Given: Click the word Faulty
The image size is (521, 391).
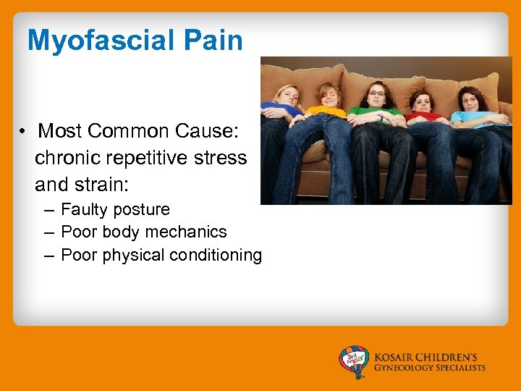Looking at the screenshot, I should click(x=82, y=210).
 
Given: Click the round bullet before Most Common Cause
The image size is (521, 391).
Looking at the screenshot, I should click(x=24, y=132).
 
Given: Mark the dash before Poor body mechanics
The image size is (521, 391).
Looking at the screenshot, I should click(x=48, y=232).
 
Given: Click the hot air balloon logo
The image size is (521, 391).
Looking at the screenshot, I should click(x=354, y=361).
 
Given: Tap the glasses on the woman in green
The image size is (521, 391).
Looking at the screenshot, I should click(x=376, y=93).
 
